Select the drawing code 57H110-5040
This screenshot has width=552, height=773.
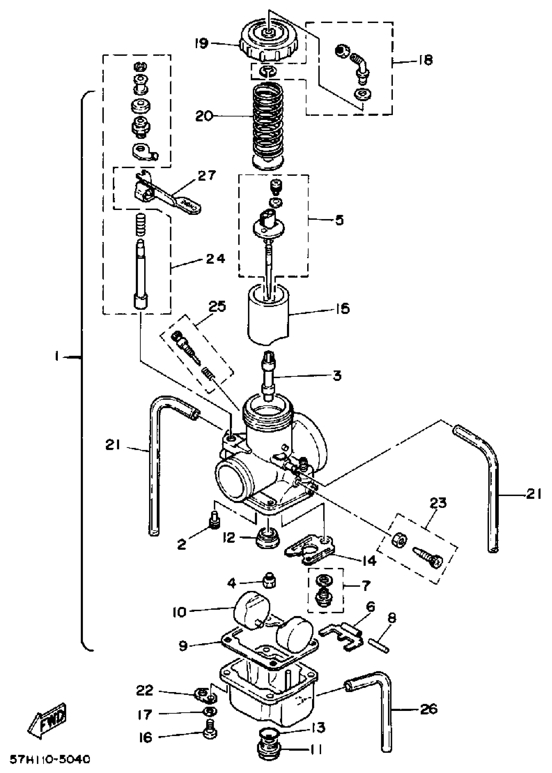click(50, 759)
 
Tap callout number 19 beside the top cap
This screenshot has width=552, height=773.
click(202, 44)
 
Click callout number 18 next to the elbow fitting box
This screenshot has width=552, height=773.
click(424, 60)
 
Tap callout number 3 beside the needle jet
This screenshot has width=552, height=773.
click(336, 376)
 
